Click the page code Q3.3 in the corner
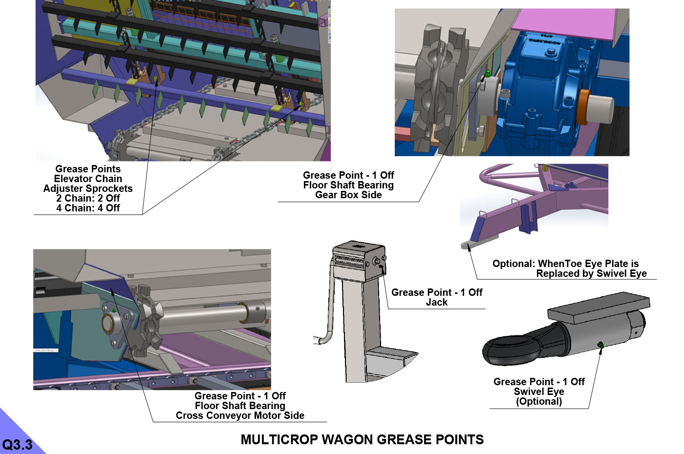(x=17, y=445)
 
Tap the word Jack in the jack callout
(x=437, y=302)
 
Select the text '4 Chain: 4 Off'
(x=88, y=208)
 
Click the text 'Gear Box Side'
(x=348, y=195)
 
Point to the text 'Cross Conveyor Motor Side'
(x=240, y=415)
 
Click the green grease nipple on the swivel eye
(x=600, y=345)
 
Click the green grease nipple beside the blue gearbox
(x=488, y=74)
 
